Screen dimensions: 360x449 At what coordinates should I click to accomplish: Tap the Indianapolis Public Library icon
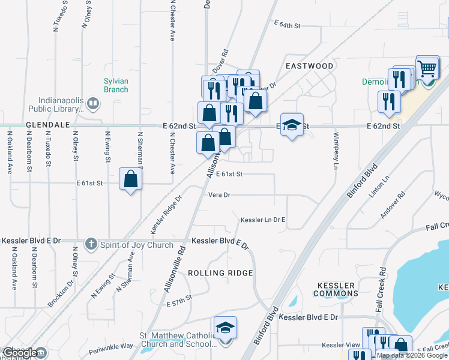coord(92,103)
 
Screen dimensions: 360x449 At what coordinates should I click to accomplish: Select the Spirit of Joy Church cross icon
coord(91,244)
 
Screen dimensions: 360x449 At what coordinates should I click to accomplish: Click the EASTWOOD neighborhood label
coord(309,65)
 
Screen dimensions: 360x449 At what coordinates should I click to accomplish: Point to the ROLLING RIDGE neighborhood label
coord(220,273)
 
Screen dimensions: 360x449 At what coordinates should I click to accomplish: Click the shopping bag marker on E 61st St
coord(131,179)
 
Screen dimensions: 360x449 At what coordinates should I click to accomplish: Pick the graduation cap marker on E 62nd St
coord(292,125)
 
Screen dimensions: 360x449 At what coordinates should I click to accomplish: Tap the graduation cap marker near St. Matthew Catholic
coord(225,329)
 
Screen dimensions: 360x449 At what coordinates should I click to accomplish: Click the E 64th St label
coord(287,25)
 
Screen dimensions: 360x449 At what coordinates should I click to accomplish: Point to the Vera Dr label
coord(219,195)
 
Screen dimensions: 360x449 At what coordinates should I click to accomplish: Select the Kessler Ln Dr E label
coord(262,220)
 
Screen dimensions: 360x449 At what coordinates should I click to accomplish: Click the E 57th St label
coord(179,298)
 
